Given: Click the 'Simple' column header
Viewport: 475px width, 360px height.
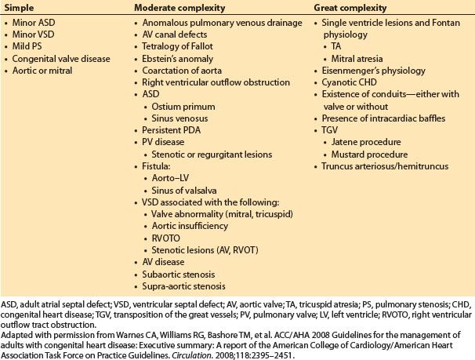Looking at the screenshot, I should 19,8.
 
